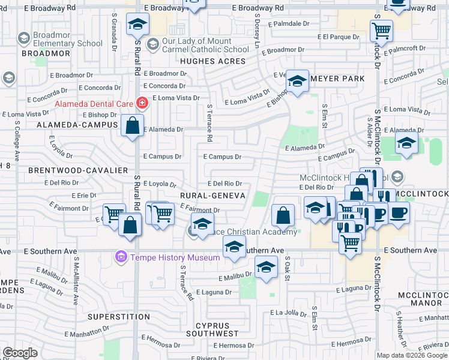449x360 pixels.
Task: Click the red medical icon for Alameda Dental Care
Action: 142,103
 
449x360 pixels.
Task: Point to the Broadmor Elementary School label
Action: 59,39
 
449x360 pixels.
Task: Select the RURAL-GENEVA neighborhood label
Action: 211,196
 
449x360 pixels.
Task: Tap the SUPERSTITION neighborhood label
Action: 119,316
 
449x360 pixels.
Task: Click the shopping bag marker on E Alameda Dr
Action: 133,126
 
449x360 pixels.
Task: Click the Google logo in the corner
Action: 20,353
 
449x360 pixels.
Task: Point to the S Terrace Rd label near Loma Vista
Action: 209,123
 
